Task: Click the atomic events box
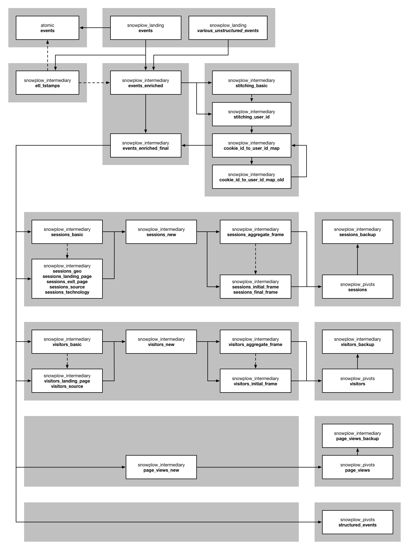(47, 28)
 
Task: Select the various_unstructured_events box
(228, 28)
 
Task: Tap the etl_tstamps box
(47, 83)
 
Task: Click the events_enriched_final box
(146, 145)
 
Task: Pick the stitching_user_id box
(251, 114)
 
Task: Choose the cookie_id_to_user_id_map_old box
(251, 177)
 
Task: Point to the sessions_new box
(161, 232)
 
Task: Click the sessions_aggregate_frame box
(255, 232)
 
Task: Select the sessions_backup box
(357, 232)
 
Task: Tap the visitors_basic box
(67, 342)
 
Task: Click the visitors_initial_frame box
(255, 381)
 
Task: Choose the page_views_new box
(161, 467)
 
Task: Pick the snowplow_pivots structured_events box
(357, 522)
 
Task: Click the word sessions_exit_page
(67, 282)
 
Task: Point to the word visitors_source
(67, 386)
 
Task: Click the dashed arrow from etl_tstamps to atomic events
(48, 55)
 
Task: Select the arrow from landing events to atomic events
(95, 28)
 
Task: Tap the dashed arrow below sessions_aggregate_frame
(255, 259)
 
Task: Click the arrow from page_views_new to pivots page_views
(259, 467)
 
